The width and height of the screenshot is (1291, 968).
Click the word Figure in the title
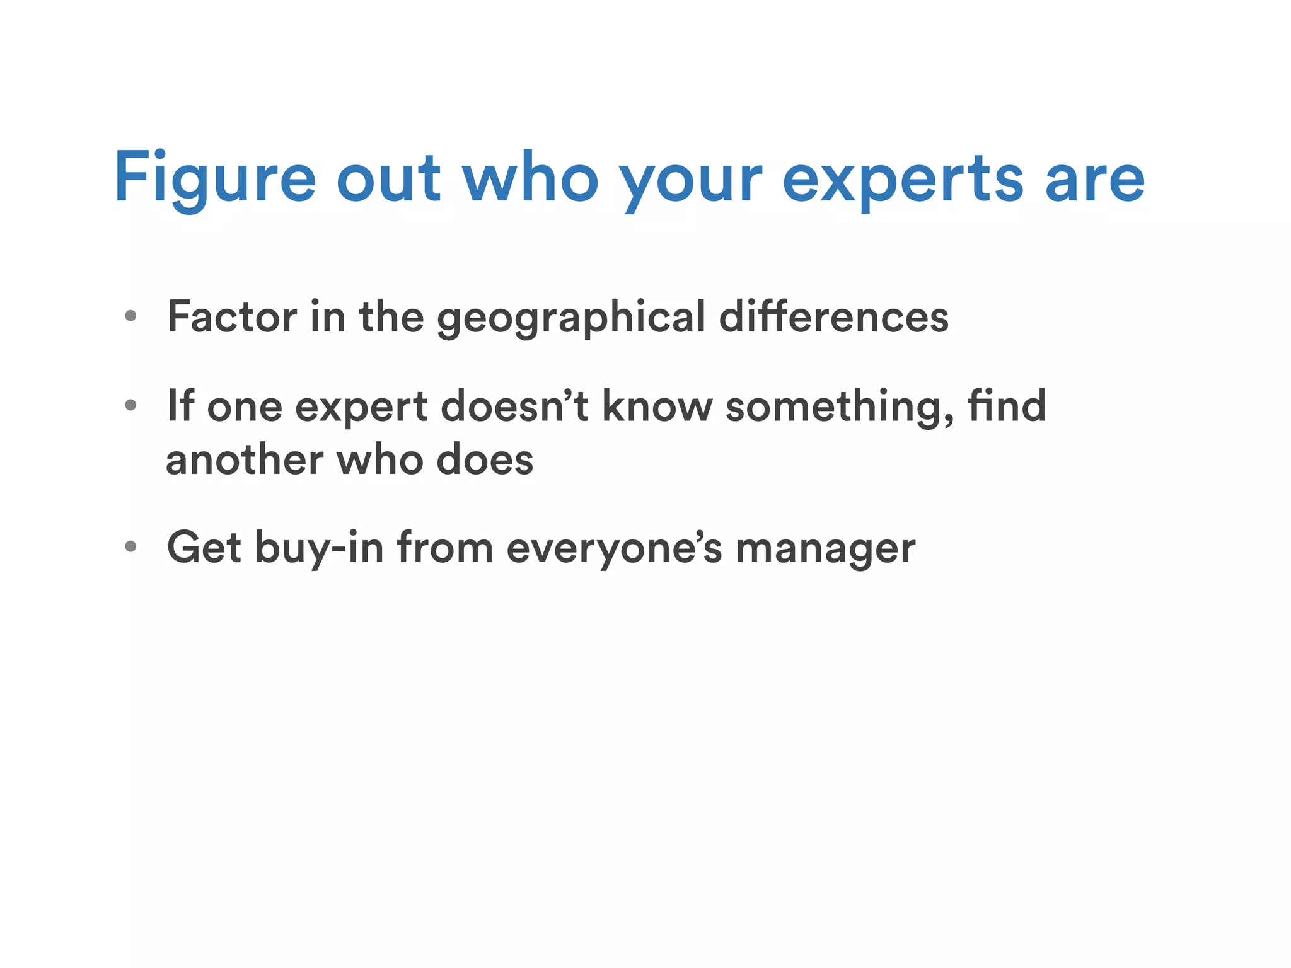(214, 179)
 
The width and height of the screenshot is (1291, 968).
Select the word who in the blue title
(530, 179)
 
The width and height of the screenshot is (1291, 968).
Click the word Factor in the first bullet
(232, 316)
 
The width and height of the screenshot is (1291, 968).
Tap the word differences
(833, 316)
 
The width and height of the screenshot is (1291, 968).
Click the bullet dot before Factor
(130, 316)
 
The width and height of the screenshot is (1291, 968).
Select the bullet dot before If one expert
(130, 405)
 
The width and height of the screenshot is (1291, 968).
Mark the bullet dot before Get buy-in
(130, 546)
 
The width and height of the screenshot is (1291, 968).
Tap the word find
(1007, 406)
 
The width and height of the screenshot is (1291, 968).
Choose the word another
(245, 460)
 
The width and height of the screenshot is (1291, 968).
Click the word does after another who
(485, 460)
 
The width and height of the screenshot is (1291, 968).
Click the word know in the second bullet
(657, 406)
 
